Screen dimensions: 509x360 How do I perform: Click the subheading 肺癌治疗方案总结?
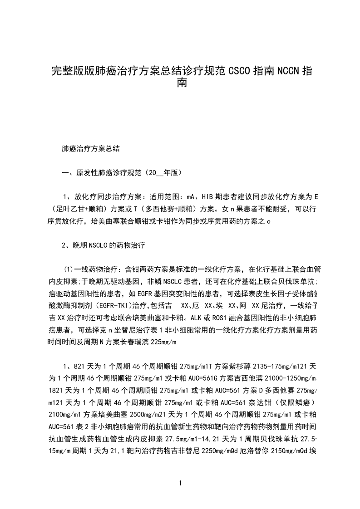[x=91, y=148]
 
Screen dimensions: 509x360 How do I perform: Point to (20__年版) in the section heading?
[x=162, y=173]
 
